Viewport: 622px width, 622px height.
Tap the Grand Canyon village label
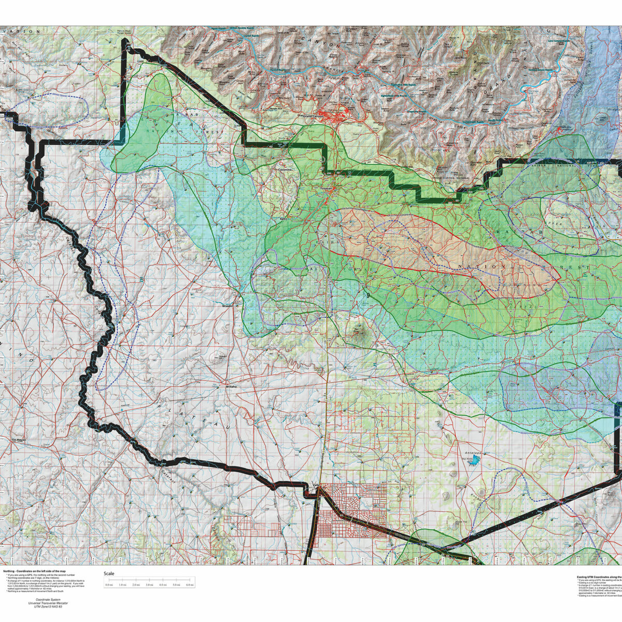[313, 116]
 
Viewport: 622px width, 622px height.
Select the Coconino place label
[286, 169]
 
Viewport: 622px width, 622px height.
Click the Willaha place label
[231, 387]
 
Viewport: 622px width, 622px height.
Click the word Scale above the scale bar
[109, 574]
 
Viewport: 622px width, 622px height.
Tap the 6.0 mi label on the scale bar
[190, 585]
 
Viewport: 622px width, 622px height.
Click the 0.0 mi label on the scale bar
[109, 585]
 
